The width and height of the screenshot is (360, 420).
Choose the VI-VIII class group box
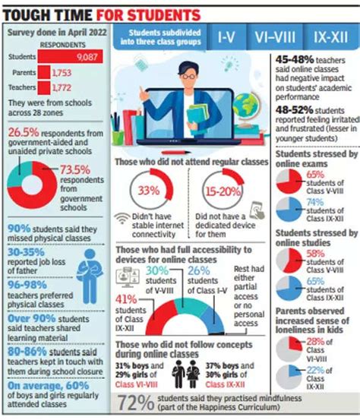[x=273, y=36]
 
